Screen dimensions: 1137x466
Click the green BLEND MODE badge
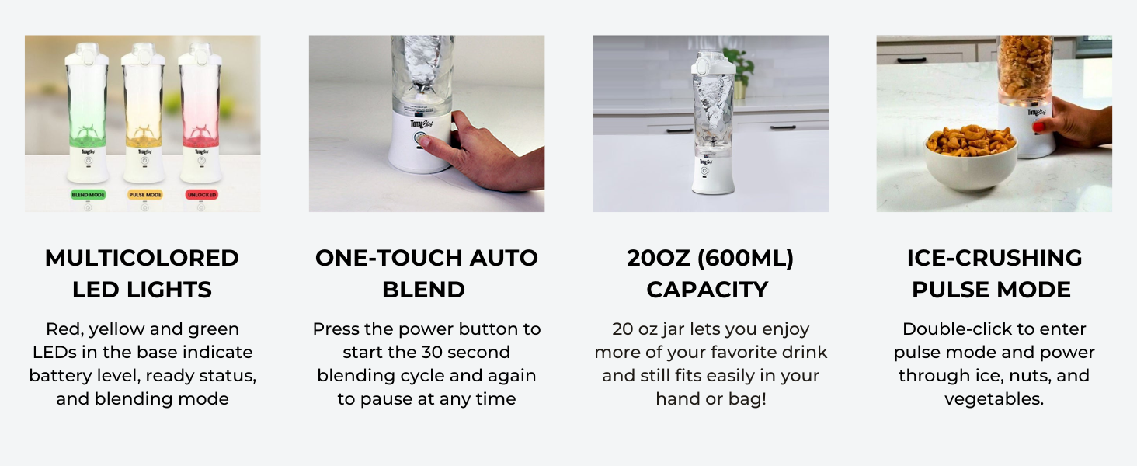click(x=88, y=195)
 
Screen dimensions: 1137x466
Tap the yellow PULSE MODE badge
click(x=144, y=195)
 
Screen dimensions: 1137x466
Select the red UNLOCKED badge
click(x=201, y=195)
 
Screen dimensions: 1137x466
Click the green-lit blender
click(x=87, y=113)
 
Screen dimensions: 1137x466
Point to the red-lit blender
click(x=201, y=113)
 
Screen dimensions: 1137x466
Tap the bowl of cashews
click(x=971, y=158)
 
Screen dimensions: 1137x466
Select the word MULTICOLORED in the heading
click(x=142, y=258)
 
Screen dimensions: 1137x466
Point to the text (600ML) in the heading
click(x=746, y=259)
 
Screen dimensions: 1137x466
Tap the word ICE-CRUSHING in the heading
click(x=994, y=258)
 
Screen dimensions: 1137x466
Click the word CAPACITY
click(x=708, y=290)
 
